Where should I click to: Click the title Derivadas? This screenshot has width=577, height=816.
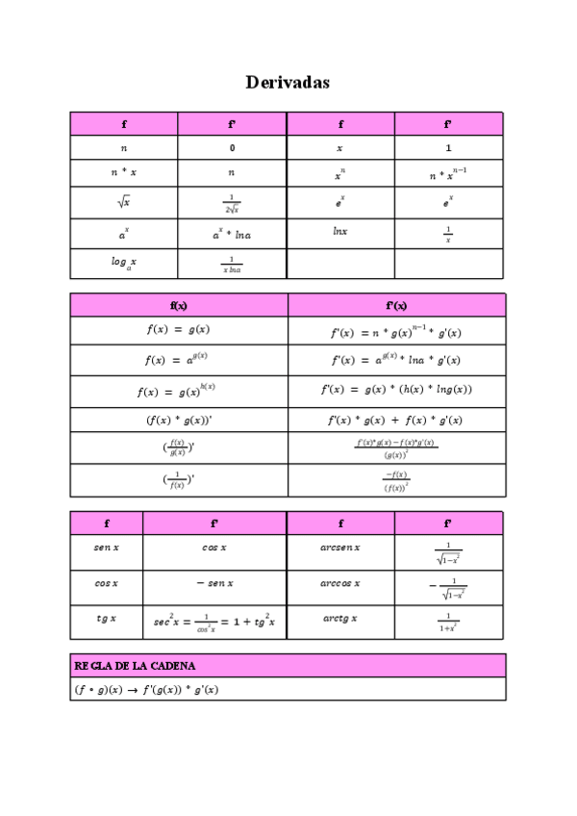pos(288,83)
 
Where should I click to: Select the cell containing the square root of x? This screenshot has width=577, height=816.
pos(123,202)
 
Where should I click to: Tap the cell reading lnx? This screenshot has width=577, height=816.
pos(340,232)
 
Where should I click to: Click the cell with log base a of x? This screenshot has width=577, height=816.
pos(123,262)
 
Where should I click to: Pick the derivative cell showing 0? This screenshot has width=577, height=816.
pos(232,148)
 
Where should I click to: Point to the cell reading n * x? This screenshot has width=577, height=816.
pos(123,172)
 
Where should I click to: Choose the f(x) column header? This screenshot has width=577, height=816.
pos(179,306)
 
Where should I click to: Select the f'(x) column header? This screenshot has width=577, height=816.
pos(396,306)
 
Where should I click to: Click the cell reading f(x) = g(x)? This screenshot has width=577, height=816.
pos(179,329)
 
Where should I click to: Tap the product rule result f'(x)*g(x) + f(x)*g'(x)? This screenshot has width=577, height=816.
pos(395,421)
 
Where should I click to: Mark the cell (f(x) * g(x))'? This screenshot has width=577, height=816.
pos(179,421)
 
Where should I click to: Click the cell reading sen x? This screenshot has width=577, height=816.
pos(106,548)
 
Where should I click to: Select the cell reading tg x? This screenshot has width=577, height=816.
pos(106,619)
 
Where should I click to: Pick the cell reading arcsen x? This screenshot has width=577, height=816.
pos(340,548)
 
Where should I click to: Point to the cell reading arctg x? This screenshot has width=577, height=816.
pos(340,619)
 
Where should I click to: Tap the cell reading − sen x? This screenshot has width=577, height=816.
pos(214,583)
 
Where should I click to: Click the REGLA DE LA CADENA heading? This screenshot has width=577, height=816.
pos(135,666)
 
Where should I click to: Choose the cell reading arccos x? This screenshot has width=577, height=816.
pos(340,583)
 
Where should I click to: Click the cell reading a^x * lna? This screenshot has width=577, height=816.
pos(232,234)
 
